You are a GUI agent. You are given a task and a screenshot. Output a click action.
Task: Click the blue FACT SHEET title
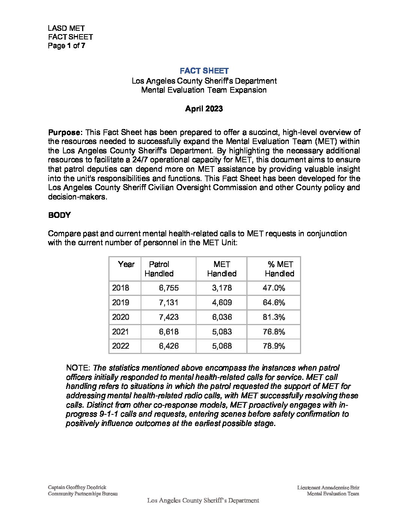pyautogui.click(x=204, y=71)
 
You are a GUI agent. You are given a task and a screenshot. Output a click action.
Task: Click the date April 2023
pyautogui.click(x=204, y=109)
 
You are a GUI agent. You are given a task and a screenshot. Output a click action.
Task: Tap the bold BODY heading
pyautogui.click(x=59, y=215)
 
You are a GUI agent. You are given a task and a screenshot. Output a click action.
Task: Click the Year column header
pyautogui.click(x=126, y=264)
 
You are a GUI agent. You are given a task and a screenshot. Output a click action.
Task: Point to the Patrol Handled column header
pyautogui.click(x=159, y=269)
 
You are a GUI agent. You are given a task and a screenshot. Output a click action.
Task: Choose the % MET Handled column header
pyautogui.click(x=280, y=269)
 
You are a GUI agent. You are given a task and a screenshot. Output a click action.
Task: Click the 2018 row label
pyautogui.click(x=120, y=288)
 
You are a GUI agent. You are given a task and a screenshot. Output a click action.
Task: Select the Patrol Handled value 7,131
pyautogui.click(x=169, y=303)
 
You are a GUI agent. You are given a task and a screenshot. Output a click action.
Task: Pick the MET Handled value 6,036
pyautogui.click(x=222, y=317)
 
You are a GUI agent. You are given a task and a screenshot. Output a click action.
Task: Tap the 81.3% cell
pyautogui.click(x=274, y=317)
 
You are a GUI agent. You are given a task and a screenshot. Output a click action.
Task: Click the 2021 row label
pyautogui.click(x=120, y=332)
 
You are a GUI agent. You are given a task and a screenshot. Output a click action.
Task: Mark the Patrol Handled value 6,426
pyautogui.click(x=169, y=346)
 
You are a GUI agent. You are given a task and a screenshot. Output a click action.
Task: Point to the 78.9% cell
pyautogui.click(x=274, y=346)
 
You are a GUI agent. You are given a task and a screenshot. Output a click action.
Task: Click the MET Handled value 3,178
pyautogui.click(x=222, y=288)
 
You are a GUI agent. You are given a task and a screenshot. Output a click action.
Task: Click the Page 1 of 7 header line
pyautogui.click(x=66, y=46)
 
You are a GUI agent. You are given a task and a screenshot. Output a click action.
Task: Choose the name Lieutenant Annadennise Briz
pyautogui.click(x=328, y=487)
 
